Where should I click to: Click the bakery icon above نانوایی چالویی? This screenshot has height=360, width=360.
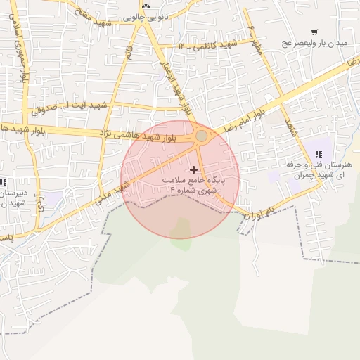tap(146, 6)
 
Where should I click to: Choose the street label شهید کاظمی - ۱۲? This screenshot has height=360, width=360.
tap(205, 45)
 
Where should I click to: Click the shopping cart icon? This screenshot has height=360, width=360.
tap(314, 32)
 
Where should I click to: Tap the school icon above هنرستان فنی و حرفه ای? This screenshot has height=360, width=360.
tap(319, 154)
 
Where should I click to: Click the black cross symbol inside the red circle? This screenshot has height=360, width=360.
tap(194, 169)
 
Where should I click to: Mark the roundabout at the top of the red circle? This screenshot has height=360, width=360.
tap(202, 135)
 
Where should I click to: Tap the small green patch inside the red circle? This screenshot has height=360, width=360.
tap(181, 229)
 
